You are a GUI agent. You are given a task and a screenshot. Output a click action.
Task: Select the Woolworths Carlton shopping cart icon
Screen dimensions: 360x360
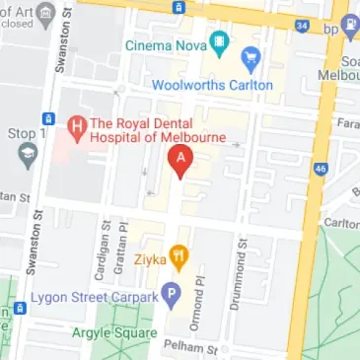click(251, 59)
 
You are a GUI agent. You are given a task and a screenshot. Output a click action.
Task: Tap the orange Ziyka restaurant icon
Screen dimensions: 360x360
click(180, 258)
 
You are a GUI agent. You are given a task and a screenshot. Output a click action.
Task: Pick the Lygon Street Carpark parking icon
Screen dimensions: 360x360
click(171, 294)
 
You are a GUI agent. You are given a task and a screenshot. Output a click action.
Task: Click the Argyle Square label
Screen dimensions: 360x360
click(112, 332)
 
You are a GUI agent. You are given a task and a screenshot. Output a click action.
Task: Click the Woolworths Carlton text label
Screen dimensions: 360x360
click(211, 86)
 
